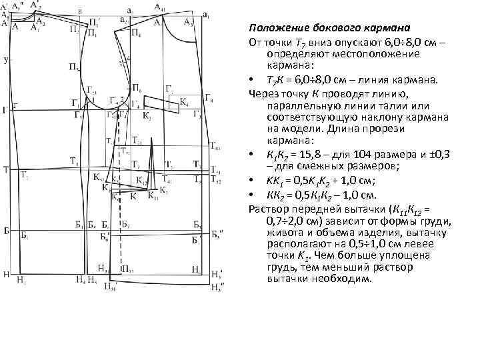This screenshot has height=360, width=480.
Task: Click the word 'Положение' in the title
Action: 275,29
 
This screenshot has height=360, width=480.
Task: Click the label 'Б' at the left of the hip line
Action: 5,230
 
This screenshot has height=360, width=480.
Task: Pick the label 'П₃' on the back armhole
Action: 72,67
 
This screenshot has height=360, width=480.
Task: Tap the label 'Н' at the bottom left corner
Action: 5,273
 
